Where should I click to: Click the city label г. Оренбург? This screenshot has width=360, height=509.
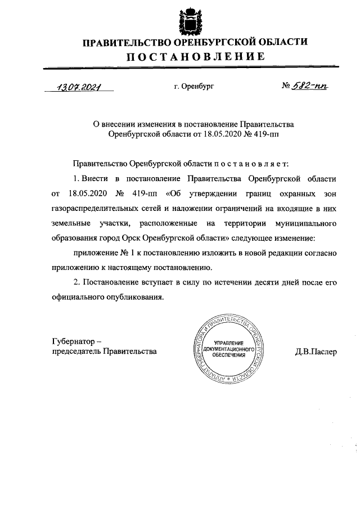pyautogui.click(x=194, y=87)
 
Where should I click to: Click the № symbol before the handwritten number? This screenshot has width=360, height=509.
pyautogui.click(x=285, y=87)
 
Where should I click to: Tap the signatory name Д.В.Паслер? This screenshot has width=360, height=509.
pyautogui.click(x=315, y=352)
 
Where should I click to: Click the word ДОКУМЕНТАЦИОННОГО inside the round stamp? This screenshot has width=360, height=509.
pyautogui.click(x=228, y=349)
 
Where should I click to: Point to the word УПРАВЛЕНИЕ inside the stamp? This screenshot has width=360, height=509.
pyautogui.click(x=228, y=343)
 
